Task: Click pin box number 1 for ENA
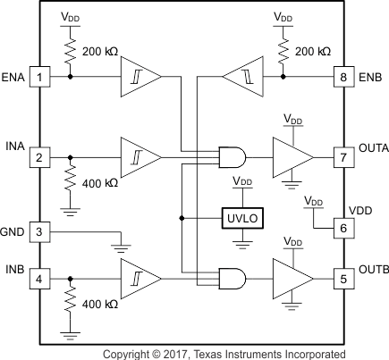pyautogui.click(x=40, y=76)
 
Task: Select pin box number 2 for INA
pyautogui.click(x=40, y=158)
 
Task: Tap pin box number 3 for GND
pyautogui.click(x=40, y=230)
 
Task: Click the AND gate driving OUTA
pyautogui.click(x=232, y=158)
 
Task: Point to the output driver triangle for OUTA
pyautogui.click(x=291, y=158)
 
